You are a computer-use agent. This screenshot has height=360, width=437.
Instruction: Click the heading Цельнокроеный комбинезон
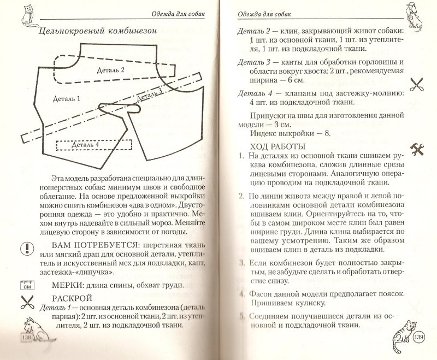coord(96,31)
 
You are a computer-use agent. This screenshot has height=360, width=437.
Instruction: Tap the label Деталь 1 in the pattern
coord(68,98)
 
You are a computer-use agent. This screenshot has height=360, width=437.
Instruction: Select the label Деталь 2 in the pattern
coord(111,70)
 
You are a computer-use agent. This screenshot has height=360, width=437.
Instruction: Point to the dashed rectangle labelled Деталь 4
coord(93,145)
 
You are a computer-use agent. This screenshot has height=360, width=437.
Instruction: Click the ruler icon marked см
coord(27,284)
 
